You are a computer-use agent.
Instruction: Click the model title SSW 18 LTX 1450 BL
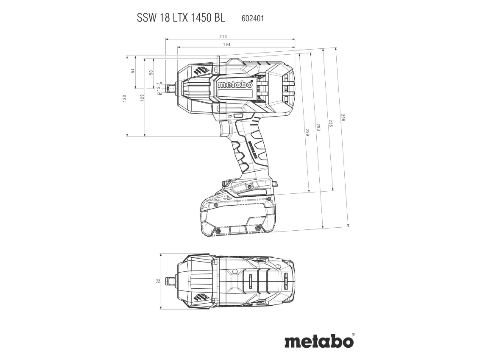click(x=181, y=18)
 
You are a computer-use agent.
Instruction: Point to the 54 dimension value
click(x=133, y=70)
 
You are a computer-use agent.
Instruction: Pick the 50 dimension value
click(x=151, y=73)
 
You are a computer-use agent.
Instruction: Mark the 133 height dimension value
click(x=125, y=98)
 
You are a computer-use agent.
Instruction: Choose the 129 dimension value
click(x=142, y=98)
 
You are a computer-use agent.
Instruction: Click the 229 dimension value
click(x=307, y=132)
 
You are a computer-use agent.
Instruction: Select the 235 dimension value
click(x=330, y=123)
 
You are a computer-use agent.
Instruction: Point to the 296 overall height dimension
click(x=343, y=118)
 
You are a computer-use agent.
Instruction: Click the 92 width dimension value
click(x=158, y=281)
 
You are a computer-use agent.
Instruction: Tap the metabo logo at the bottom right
click(x=318, y=341)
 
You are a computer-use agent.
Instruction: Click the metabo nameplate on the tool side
click(x=235, y=85)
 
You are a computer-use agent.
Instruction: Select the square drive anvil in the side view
click(x=170, y=89)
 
